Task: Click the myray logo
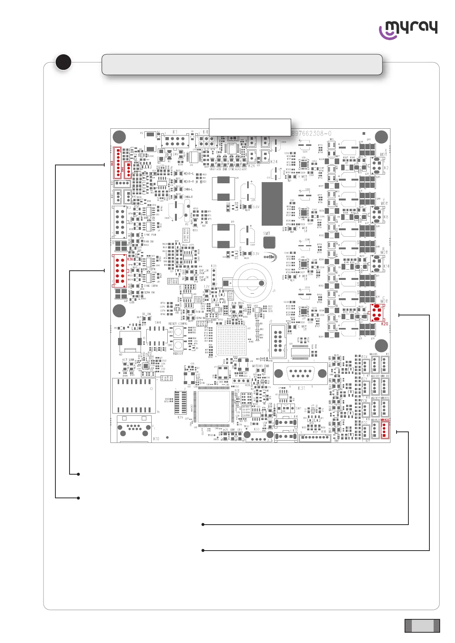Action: tap(408, 30)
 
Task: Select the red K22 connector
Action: tap(385, 430)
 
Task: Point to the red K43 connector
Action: tap(117, 163)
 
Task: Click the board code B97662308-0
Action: tap(311, 134)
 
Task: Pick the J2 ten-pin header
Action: tap(278, 338)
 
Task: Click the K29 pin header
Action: tap(180, 402)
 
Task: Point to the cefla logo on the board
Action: tap(270, 257)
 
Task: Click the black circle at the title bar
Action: tap(63, 63)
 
